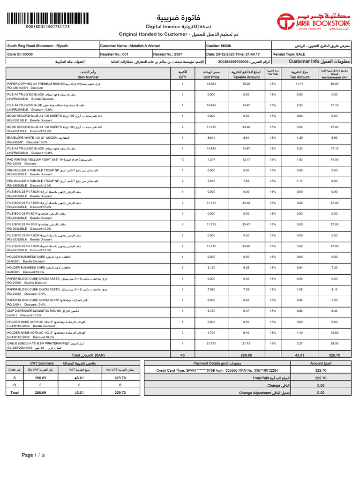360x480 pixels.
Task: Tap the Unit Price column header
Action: pyautogui.click(x=212, y=74)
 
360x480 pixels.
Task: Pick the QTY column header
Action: pyautogui.click(x=182, y=74)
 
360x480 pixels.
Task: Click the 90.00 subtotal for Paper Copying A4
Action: pyautogui.click(x=334, y=83)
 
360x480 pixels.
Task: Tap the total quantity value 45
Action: pyautogui.click(x=182, y=355)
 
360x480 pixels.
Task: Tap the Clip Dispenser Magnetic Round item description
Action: pyautogui.click(x=41, y=310)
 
